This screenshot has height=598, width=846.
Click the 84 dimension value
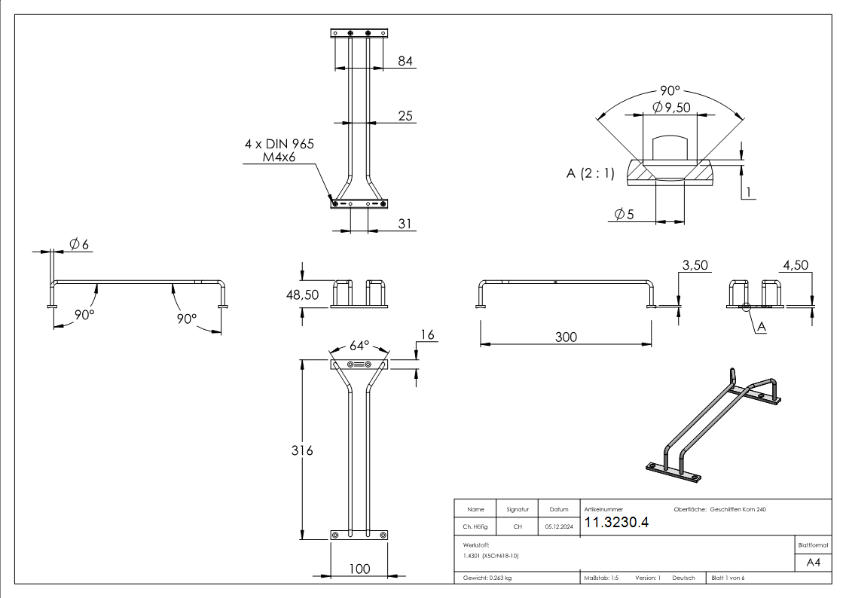pos(405,61)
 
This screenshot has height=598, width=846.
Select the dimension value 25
pos(405,115)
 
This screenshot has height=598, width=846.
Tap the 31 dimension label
pos(405,224)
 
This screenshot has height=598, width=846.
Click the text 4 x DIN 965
pos(279,144)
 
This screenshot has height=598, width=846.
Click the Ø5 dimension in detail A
pos(625,215)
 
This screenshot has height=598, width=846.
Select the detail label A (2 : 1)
pos(590,173)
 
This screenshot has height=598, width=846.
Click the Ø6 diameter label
pos(79,244)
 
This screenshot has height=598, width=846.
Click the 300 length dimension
pos(566,337)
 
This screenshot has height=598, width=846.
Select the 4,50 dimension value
pos(796,265)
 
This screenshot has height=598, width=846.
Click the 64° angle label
pos(359,346)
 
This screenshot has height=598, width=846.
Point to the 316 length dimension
pos(302,450)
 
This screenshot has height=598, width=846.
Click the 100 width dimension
pos(360,569)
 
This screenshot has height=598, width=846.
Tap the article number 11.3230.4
pos(617,523)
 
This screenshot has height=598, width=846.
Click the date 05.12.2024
pos(559,527)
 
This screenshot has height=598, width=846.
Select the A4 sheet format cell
pos(814,562)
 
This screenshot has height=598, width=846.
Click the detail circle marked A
pos(747,307)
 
